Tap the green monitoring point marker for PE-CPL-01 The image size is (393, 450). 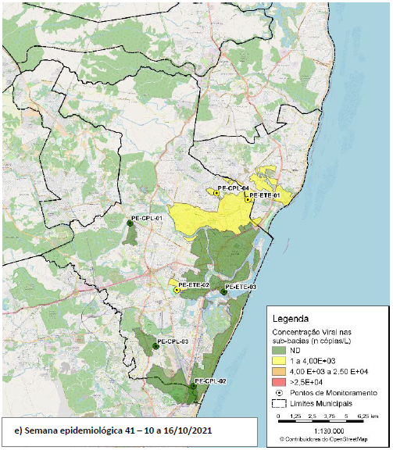(x=130, y=223)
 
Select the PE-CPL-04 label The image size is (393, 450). (x=233, y=188)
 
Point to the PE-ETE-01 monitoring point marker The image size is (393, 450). (x=248, y=200)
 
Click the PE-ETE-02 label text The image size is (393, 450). (x=193, y=286)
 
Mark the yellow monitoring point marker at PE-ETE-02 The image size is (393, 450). (x=177, y=290)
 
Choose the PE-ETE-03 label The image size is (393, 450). (x=241, y=287)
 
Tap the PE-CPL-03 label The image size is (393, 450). (x=173, y=341)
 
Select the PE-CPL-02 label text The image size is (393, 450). (x=210, y=380)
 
